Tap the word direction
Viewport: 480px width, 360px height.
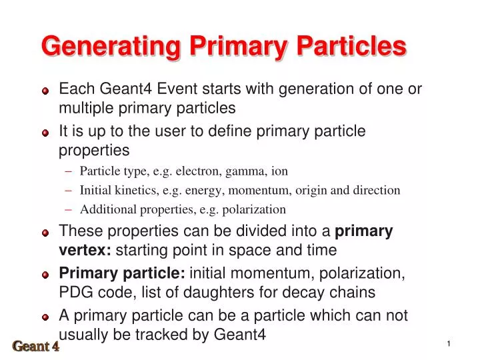click(377, 190)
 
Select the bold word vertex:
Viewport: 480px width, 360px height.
click(85, 251)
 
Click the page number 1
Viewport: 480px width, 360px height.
click(449, 343)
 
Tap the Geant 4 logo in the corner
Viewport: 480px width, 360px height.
click(36, 346)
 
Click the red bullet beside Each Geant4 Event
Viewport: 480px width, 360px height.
click(45, 91)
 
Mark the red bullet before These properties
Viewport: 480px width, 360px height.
click(45, 233)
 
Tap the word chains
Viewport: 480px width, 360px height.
click(356, 292)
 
